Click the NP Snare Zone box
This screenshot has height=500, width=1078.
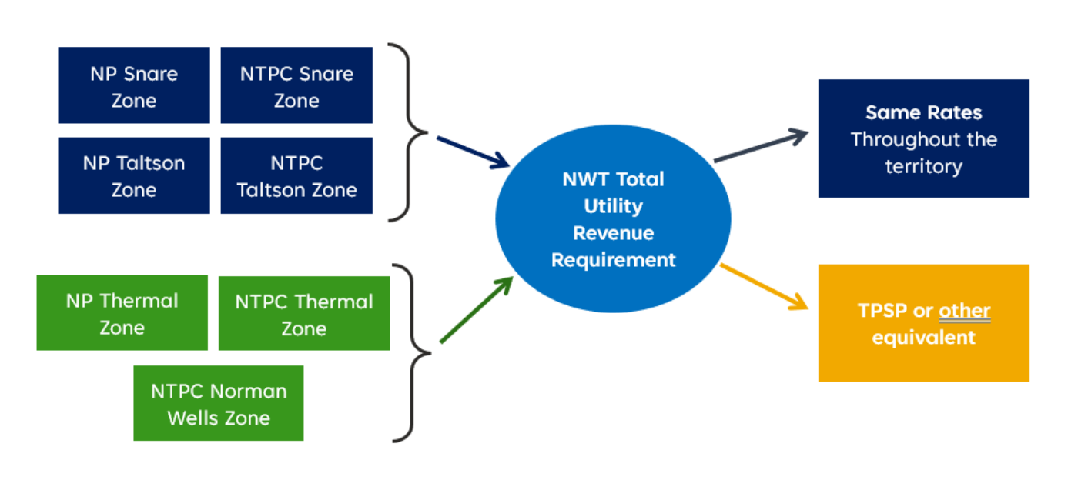[x=134, y=85]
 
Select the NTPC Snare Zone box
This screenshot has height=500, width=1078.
[x=296, y=85]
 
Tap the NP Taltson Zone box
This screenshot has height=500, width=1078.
[x=134, y=175]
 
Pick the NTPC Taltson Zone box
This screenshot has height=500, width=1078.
[x=296, y=175]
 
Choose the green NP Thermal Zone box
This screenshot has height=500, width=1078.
[x=122, y=313]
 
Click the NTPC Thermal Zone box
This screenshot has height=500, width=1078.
[x=304, y=314]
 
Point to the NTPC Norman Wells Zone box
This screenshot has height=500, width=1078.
[x=219, y=403]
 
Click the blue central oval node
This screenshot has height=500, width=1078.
[x=613, y=219]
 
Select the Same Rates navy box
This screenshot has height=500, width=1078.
[x=923, y=138]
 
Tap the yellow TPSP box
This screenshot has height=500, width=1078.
[x=923, y=323]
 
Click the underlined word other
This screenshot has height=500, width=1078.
[x=964, y=311]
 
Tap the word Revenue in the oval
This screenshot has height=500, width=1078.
[x=613, y=233]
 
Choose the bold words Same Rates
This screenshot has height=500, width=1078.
[x=923, y=113]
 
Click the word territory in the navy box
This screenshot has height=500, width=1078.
[x=923, y=166]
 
